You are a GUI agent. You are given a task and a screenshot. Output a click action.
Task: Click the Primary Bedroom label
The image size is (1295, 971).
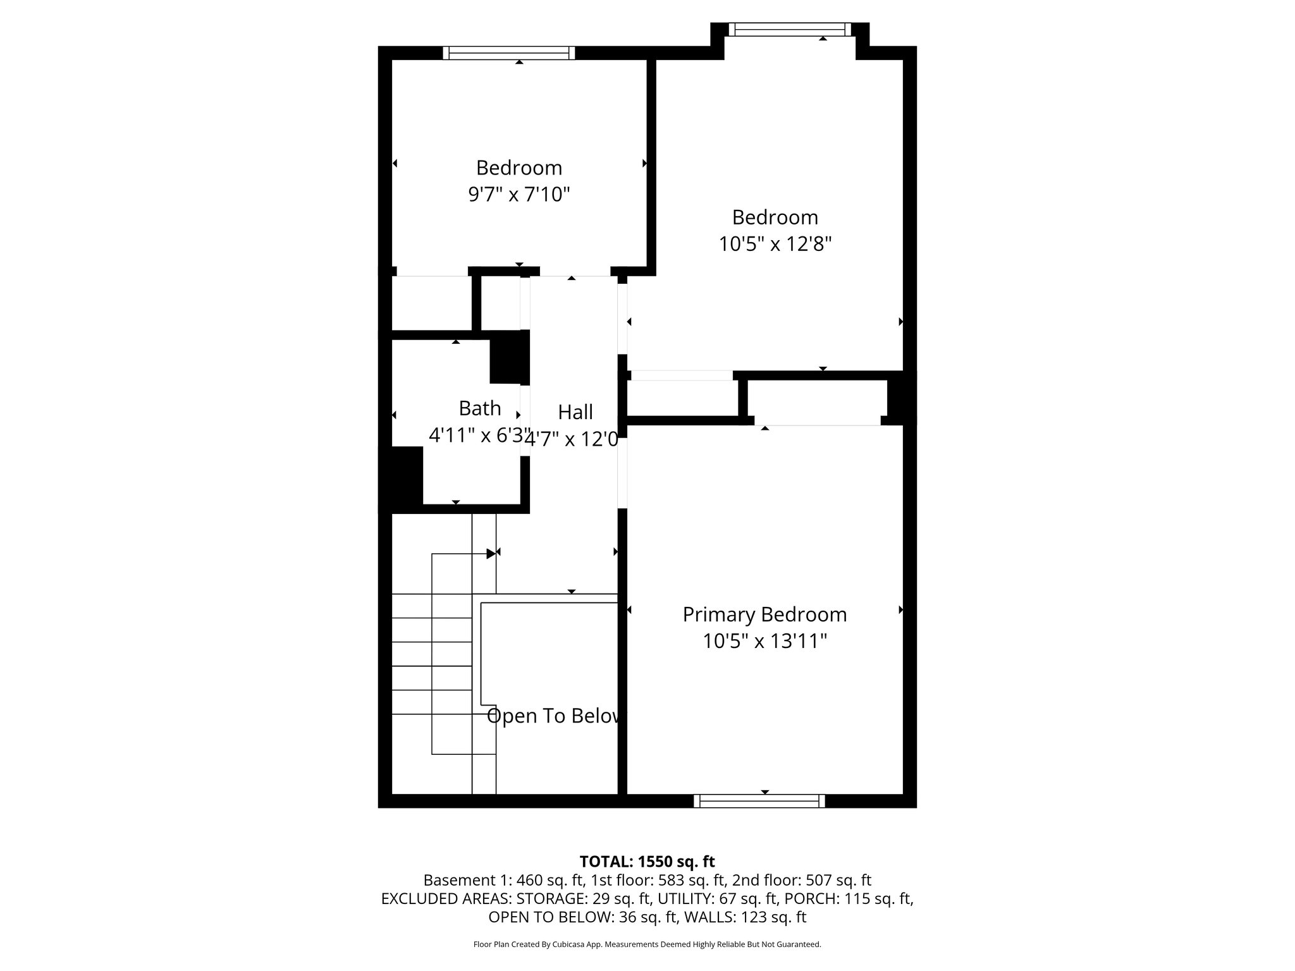(764, 614)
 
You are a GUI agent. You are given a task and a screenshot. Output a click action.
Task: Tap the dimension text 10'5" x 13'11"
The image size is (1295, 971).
(764, 642)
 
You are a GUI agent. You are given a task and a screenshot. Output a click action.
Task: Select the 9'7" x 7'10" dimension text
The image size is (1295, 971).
(519, 194)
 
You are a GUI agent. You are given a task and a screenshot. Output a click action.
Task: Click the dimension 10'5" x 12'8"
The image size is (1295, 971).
(775, 243)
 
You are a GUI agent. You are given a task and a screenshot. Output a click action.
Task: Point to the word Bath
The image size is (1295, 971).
(480, 408)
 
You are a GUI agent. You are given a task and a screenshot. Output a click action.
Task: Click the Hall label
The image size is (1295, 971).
(575, 412)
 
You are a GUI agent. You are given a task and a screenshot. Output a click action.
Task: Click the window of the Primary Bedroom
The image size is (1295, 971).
(759, 801)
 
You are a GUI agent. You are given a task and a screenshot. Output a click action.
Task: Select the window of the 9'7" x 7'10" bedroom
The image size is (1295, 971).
(509, 53)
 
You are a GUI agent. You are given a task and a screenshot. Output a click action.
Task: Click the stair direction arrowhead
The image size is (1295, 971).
(491, 554)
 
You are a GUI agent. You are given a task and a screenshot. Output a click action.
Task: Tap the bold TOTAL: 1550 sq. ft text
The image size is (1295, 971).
(647, 862)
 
